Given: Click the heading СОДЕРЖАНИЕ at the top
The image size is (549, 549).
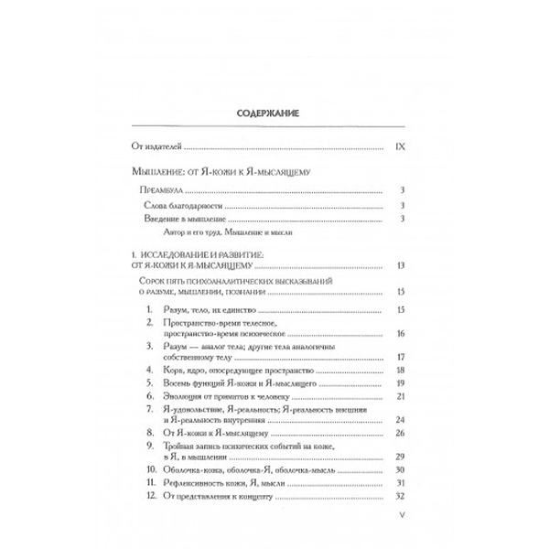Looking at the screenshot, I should [x=274, y=116].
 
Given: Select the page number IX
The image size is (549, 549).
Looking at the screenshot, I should [x=398, y=145].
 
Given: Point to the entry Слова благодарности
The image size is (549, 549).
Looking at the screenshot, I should [x=187, y=205].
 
